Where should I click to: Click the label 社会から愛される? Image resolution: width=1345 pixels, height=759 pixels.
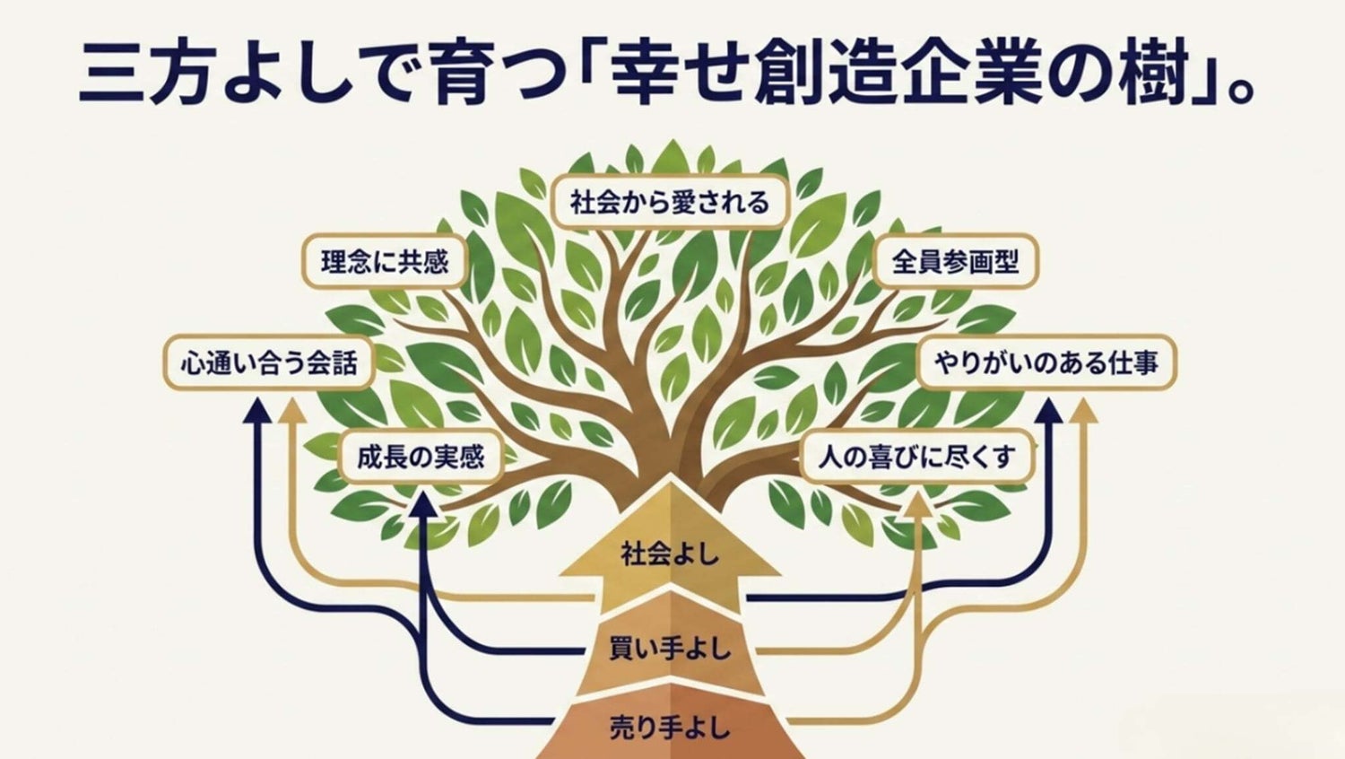(670, 202)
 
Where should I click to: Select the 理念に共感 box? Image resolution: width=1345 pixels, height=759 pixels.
(385, 261)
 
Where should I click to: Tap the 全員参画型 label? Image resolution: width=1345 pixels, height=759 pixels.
(955, 261)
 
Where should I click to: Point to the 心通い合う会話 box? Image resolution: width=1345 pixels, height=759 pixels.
(270, 363)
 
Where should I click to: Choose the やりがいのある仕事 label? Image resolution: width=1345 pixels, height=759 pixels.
(1046, 363)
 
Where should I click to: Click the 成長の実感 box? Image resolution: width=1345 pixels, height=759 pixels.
(421, 458)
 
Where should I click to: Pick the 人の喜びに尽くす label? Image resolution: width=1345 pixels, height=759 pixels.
(917, 456)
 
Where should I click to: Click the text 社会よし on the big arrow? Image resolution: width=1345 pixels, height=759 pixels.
(670, 554)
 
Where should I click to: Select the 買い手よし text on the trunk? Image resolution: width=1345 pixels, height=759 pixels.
(670, 650)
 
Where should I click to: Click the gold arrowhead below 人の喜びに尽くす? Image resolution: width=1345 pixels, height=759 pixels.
(918, 504)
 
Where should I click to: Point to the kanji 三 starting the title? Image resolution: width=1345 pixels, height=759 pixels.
(111, 71)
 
